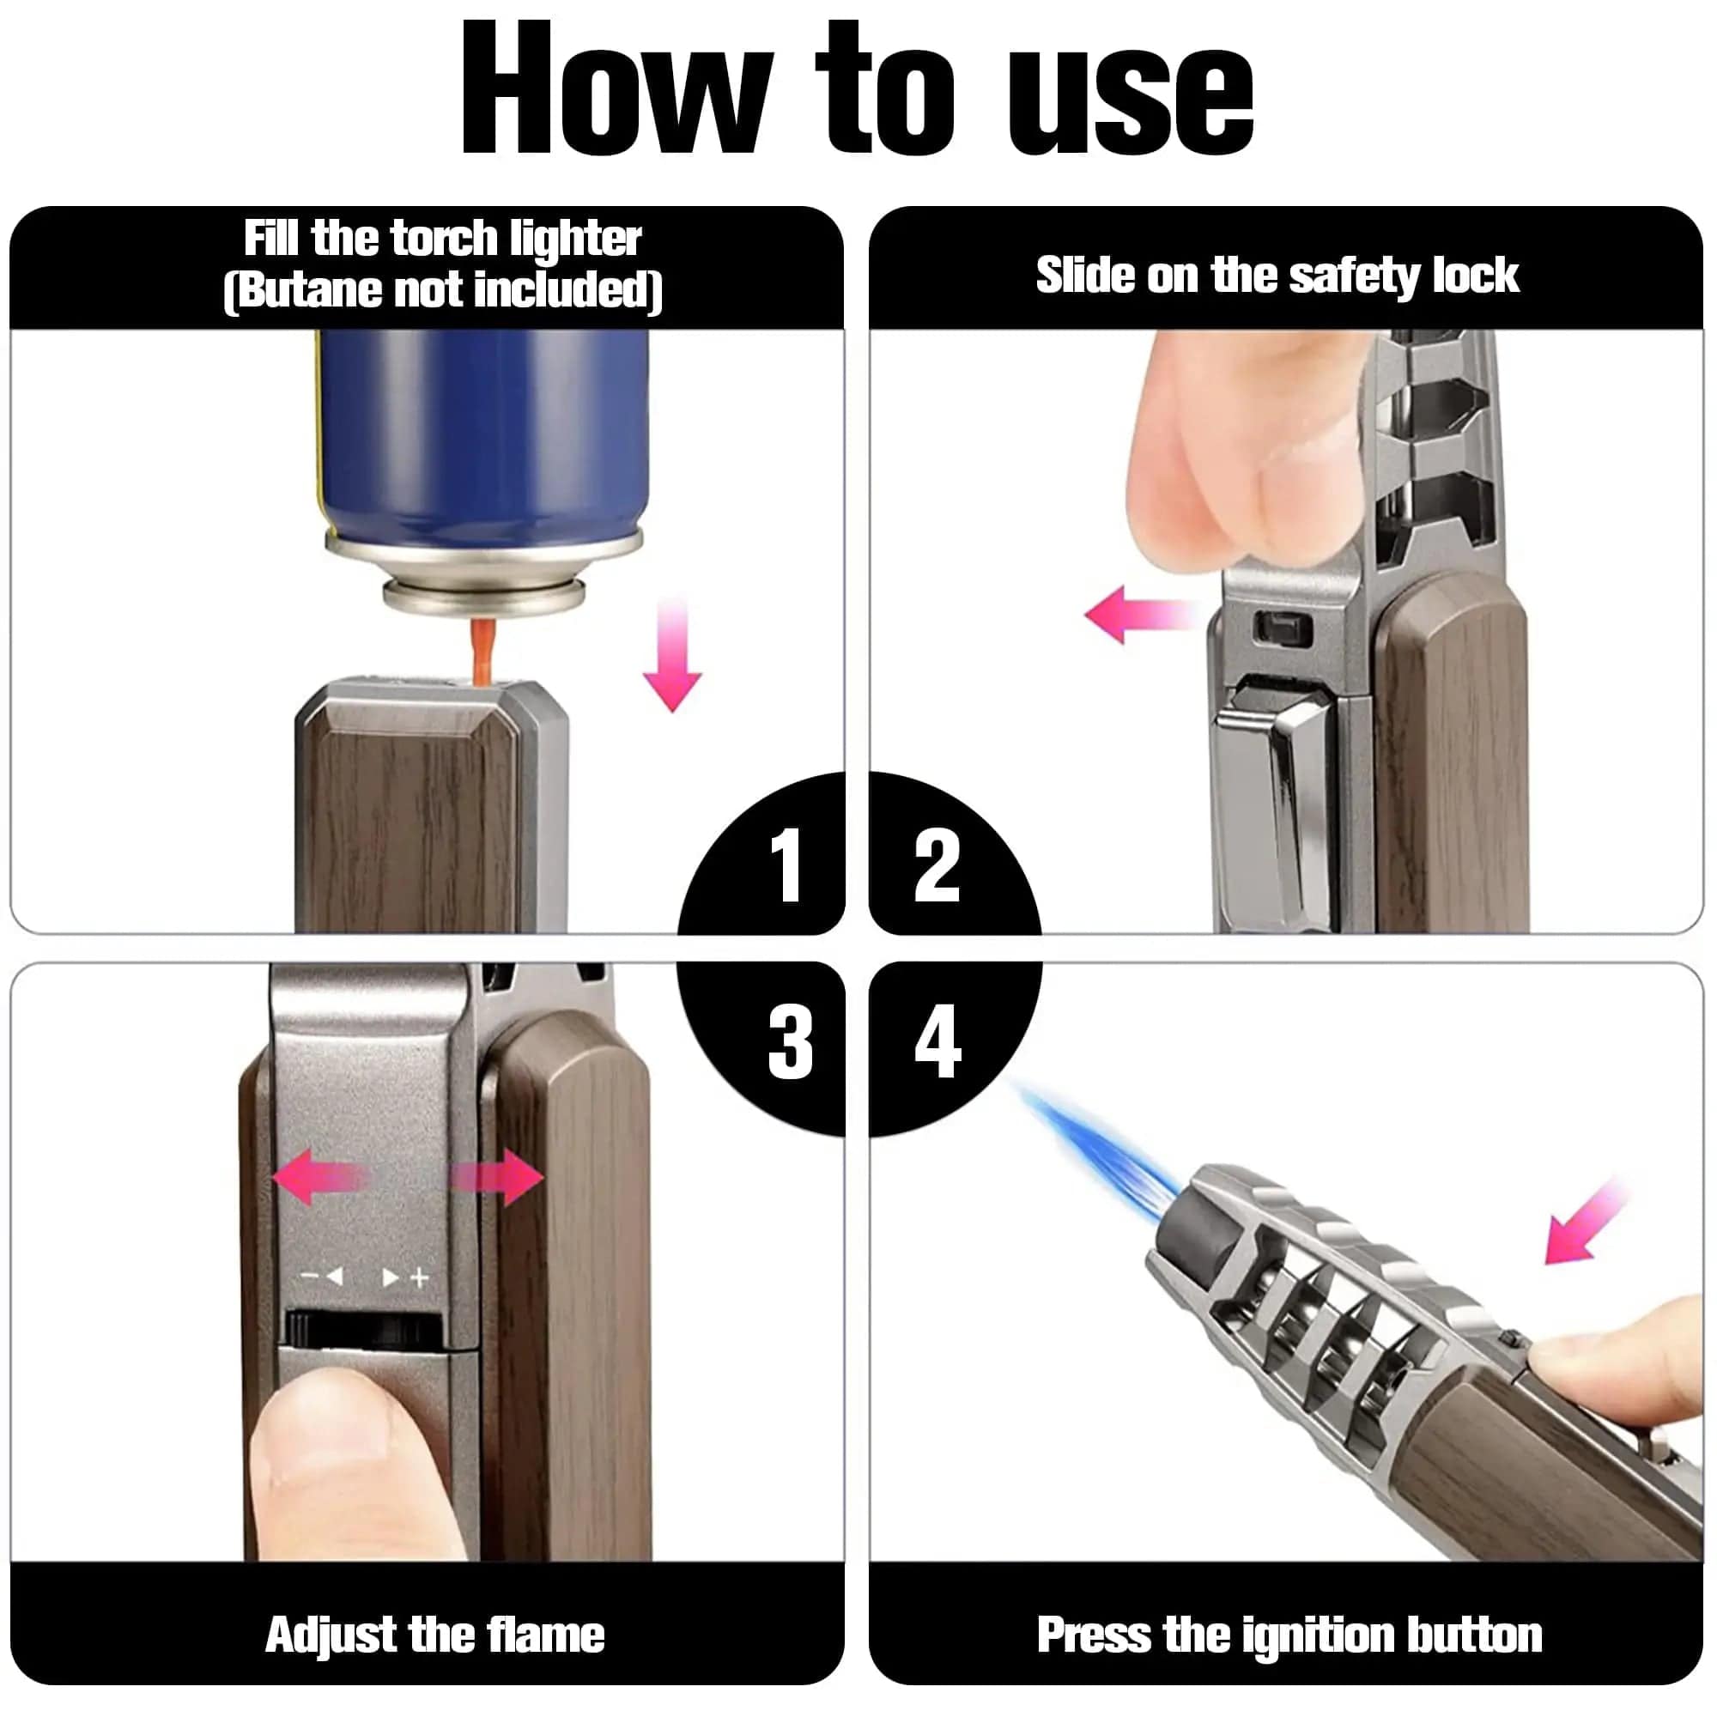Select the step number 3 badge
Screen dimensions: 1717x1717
pos(790,1041)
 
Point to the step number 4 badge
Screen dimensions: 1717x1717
pos(937,1041)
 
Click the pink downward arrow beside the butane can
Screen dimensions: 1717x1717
pos(673,654)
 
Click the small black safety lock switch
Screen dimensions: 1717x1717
pos(1282,628)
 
